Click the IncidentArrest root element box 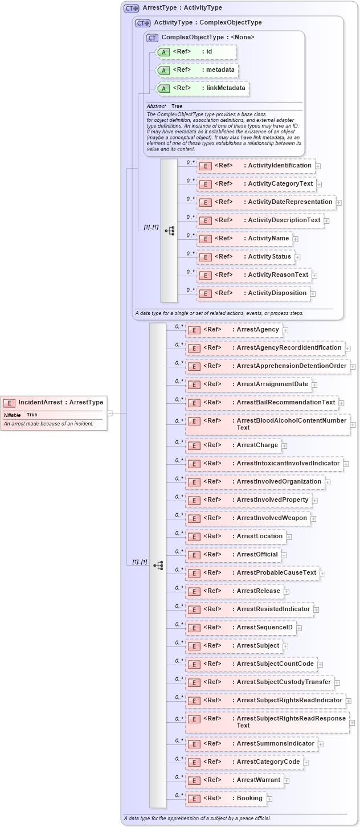[54, 403]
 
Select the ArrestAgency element [234, 330]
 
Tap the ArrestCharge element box [233, 445]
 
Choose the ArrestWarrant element [234, 780]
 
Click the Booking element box [226, 799]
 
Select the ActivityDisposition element [253, 293]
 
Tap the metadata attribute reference [197, 70]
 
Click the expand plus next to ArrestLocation [289, 537]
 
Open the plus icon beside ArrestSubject [286, 646]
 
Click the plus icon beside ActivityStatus [297, 257]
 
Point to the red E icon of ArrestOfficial [194, 555]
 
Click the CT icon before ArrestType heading [132, 9]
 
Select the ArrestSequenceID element [240, 628]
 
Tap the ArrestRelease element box [234, 591]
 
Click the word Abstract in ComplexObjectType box [156, 107]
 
